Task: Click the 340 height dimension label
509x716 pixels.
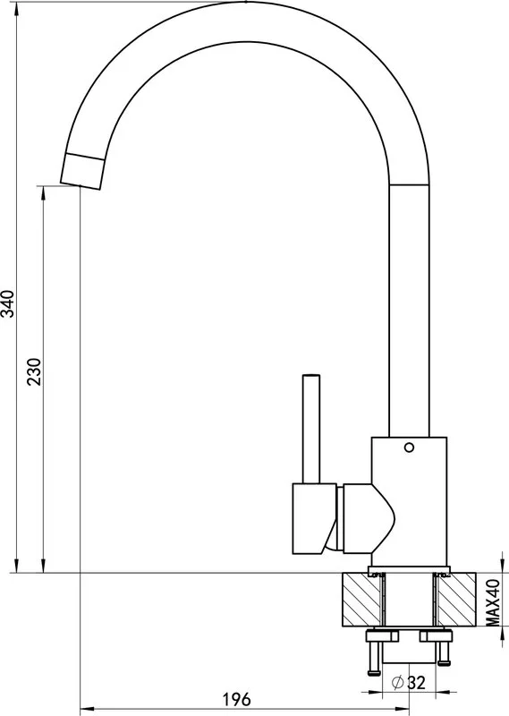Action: (9, 303)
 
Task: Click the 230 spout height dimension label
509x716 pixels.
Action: (35, 371)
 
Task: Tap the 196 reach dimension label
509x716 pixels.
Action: (236, 699)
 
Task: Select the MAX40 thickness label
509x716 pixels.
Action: (492, 602)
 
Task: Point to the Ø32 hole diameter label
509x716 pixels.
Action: (409, 683)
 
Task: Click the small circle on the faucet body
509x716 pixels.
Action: (409, 447)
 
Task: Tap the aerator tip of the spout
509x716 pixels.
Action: (82, 171)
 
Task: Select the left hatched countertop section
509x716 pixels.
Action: (361, 599)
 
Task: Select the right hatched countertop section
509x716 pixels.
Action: (456, 599)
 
